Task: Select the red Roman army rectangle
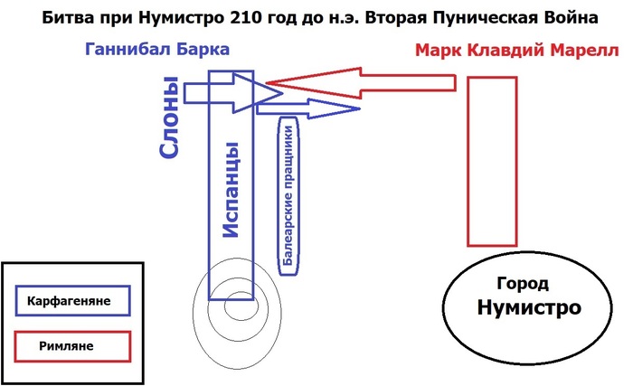(492, 161)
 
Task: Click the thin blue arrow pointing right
(307, 108)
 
